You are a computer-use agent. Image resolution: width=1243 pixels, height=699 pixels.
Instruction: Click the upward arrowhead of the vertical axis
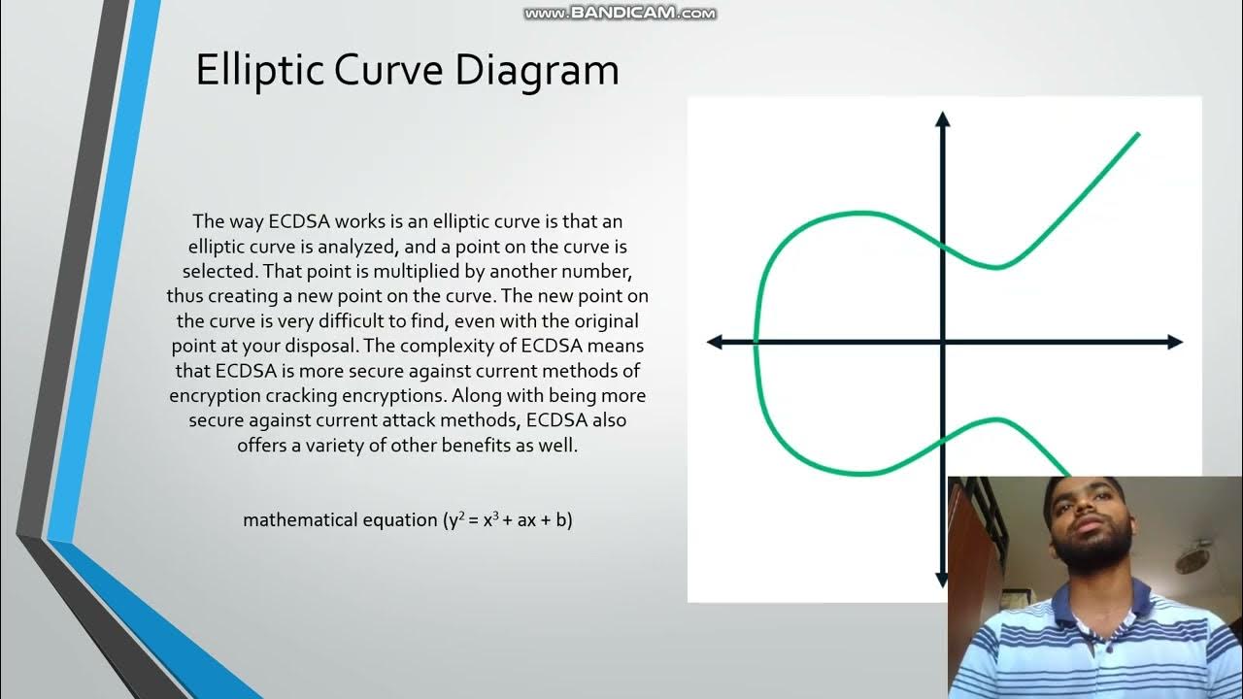click(x=942, y=120)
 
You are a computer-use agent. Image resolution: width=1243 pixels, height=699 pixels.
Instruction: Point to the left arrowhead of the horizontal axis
click(x=716, y=342)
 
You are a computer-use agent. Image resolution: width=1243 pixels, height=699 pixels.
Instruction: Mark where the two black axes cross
click(x=942, y=342)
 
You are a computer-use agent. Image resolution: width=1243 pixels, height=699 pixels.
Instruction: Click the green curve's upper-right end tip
click(x=1137, y=134)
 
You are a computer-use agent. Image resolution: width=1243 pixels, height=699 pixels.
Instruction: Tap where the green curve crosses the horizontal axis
click(x=756, y=342)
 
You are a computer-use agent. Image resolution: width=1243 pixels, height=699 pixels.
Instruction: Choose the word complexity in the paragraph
click(x=457, y=346)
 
